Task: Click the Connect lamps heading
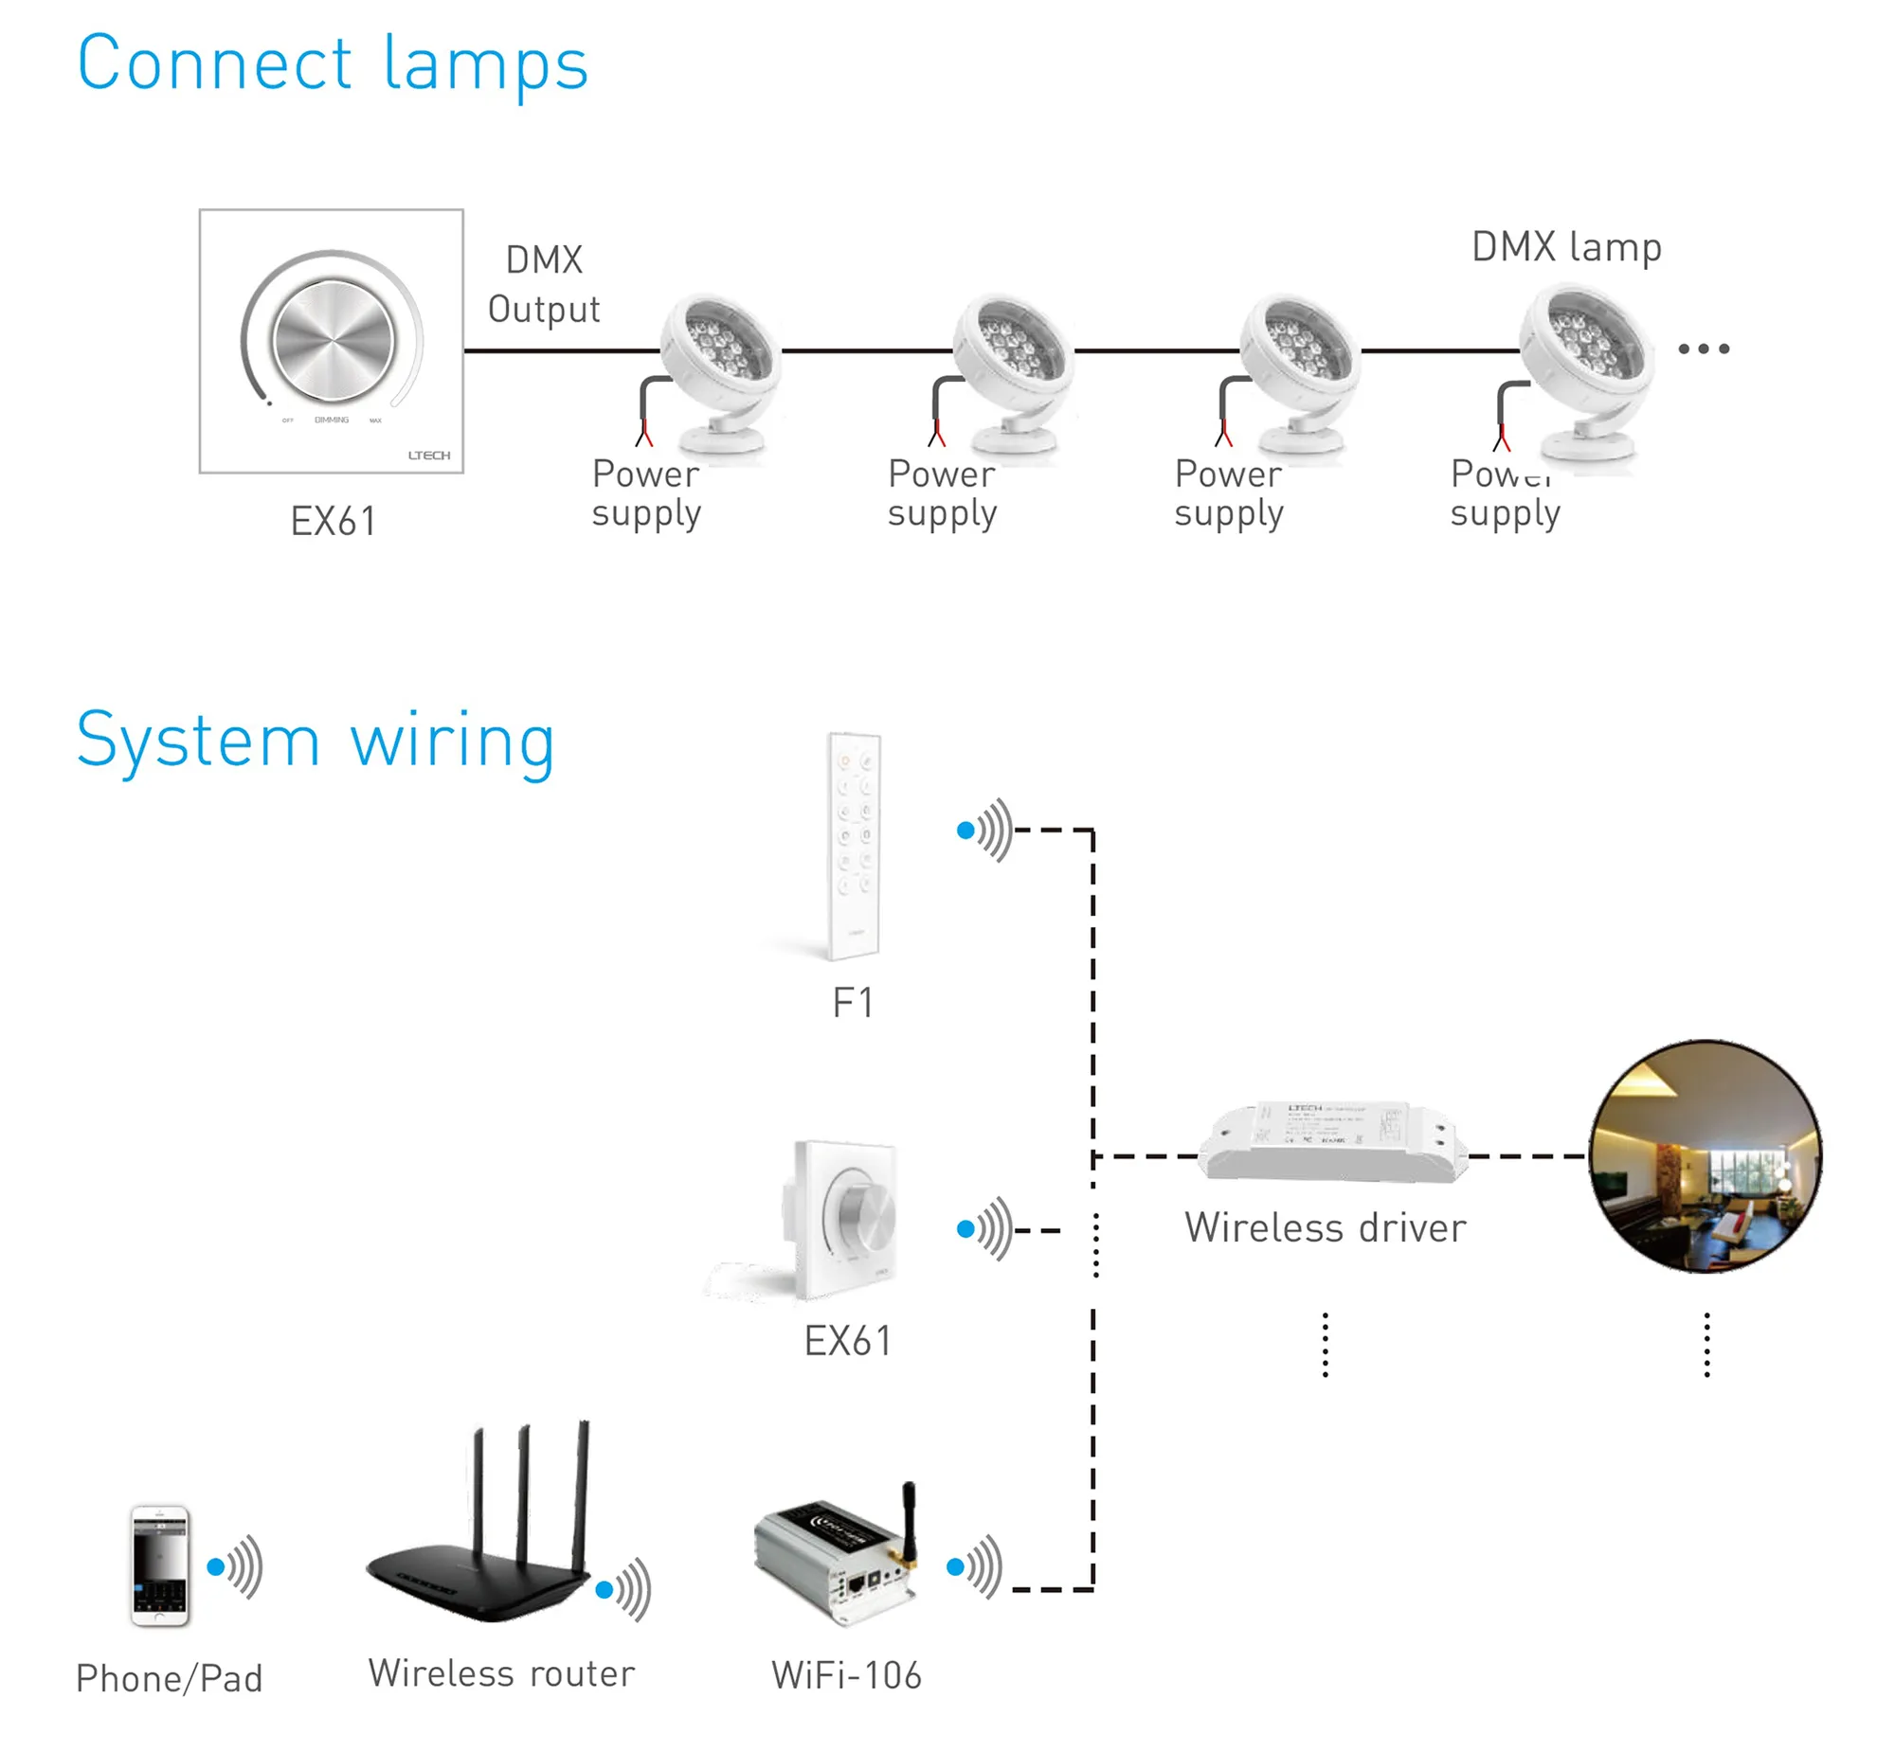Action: (x=332, y=64)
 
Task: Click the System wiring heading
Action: (x=315, y=742)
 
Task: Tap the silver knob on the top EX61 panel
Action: (x=332, y=339)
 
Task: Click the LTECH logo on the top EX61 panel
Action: (x=428, y=456)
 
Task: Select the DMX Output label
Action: (x=544, y=284)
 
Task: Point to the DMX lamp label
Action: (x=1566, y=246)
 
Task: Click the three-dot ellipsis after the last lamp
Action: (x=1704, y=349)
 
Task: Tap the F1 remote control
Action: (x=854, y=846)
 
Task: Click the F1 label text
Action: (x=852, y=1003)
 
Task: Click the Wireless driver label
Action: (x=1324, y=1227)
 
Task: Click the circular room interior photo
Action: (x=1705, y=1155)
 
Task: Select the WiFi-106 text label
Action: (x=846, y=1675)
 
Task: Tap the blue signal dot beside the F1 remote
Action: (x=966, y=831)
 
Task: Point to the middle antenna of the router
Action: (x=523, y=1489)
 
